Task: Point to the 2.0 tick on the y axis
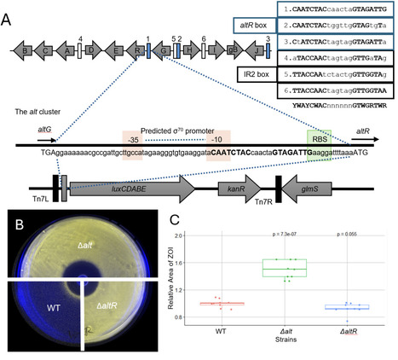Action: [x=200, y=235]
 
